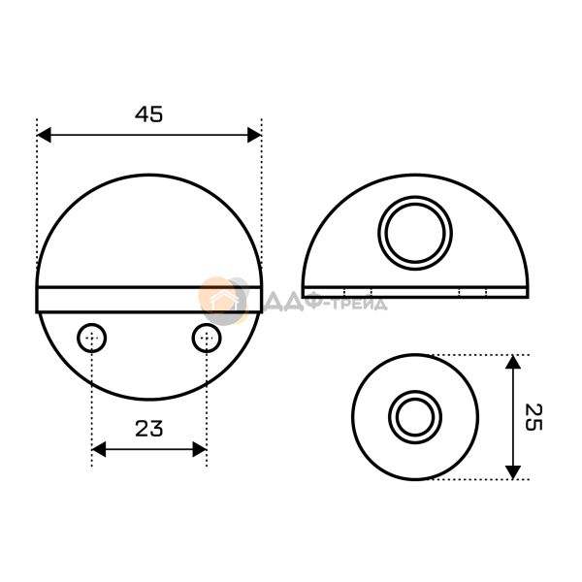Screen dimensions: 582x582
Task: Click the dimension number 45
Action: [x=148, y=113]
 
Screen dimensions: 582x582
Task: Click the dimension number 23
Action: [x=148, y=428]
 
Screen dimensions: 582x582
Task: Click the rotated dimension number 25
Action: [x=533, y=417]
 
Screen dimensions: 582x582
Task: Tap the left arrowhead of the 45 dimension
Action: [x=45, y=135]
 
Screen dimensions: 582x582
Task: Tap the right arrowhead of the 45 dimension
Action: [x=254, y=135]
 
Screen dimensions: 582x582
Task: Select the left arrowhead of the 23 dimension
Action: [x=99, y=449]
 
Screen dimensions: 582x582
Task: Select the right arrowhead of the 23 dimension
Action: [x=199, y=449]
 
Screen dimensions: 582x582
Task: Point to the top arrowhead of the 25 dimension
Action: [x=513, y=362]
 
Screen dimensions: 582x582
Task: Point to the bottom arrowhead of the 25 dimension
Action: [x=513, y=472]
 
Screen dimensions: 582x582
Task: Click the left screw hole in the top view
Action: [x=92, y=339]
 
